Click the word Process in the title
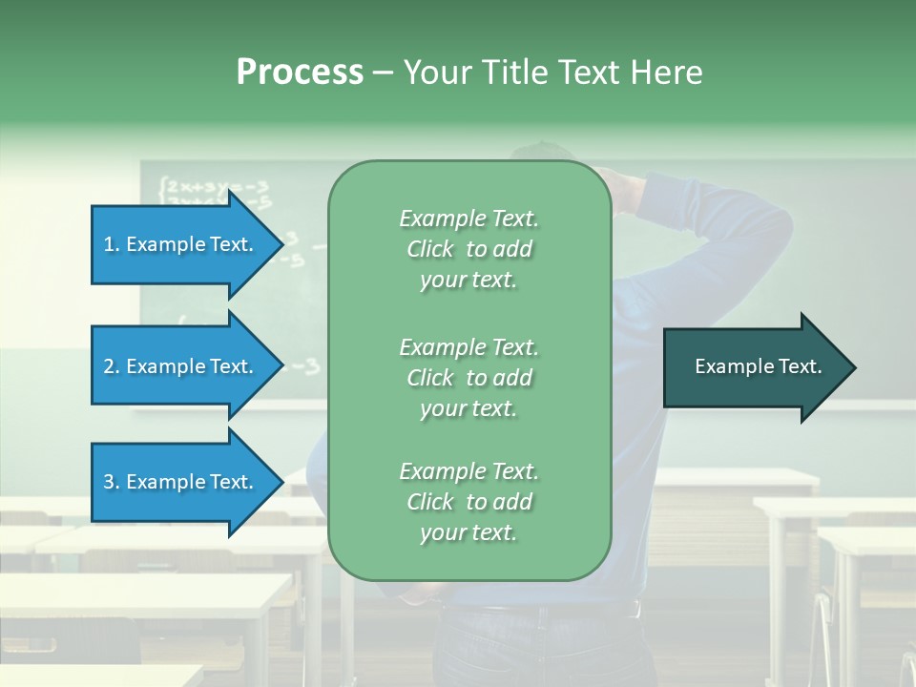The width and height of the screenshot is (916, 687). (300, 73)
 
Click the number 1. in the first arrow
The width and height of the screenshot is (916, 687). (112, 244)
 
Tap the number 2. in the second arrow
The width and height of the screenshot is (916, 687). (112, 366)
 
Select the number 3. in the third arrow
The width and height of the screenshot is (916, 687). (112, 482)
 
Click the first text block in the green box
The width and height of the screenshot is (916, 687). (468, 249)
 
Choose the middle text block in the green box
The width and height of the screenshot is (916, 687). (468, 378)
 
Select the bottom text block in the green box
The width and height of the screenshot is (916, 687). (468, 502)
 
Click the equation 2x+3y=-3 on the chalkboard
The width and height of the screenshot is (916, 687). (217, 187)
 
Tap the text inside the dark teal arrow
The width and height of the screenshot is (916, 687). (758, 366)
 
